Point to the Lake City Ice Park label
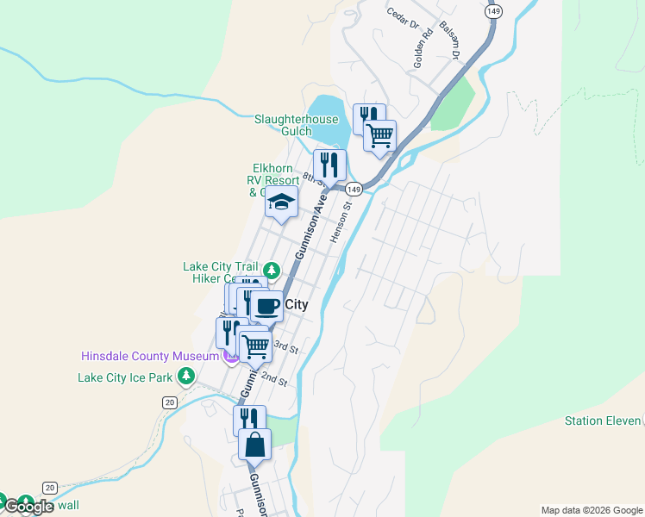coord(125,377)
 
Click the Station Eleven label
coord(603,421)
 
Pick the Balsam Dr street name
coord(451,39)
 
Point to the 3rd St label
coord(285,348)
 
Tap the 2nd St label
coord(273,379)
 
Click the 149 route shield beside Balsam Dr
coord(492,11)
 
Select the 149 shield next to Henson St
coord(353,189)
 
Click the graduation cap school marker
coord(280,203)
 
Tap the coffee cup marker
coord(266,306)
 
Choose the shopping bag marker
coord(254,445)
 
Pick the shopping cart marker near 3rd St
coord(255,346)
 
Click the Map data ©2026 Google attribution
coord(592,510)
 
